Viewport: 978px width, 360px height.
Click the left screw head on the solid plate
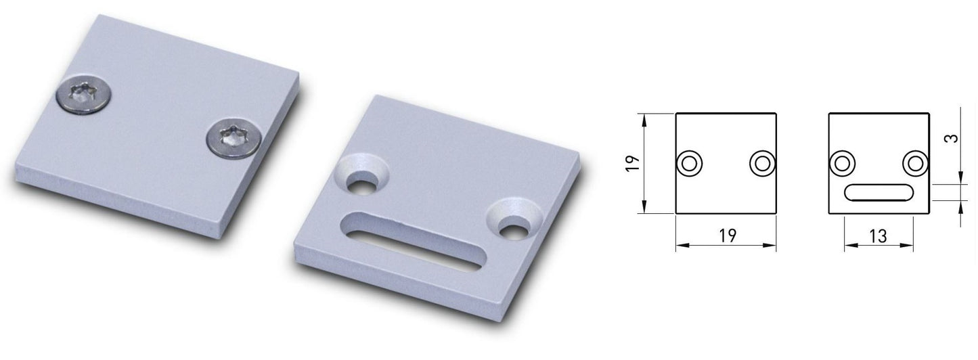tap(85, 97)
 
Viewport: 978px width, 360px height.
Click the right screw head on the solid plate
tap(234, 138)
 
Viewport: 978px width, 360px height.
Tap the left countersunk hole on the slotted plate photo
tap(361, 175)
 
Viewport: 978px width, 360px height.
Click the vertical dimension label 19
tap(633, 163)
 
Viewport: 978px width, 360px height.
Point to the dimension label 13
tap(878, 236)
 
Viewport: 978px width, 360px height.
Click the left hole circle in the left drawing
tap(690, 164)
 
